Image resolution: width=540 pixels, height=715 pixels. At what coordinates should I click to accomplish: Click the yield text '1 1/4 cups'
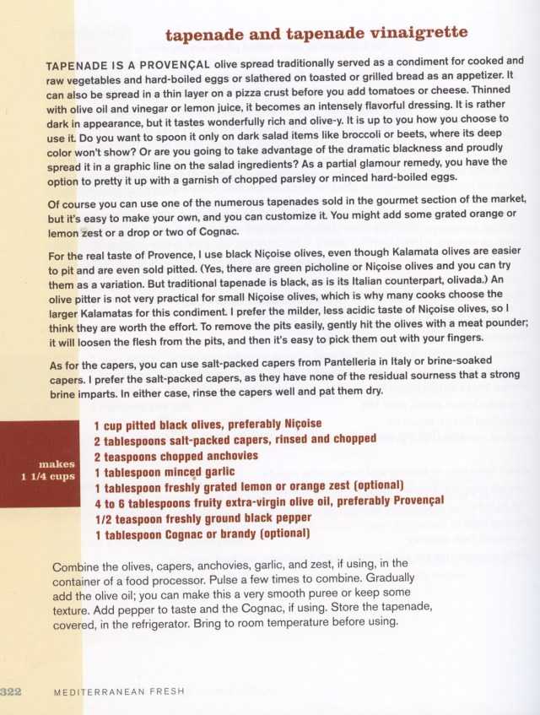point(47,476)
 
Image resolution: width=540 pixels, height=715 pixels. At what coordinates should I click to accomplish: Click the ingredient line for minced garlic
point(164,472)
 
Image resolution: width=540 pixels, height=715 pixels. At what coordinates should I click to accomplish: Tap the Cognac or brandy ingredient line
point(202,534)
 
